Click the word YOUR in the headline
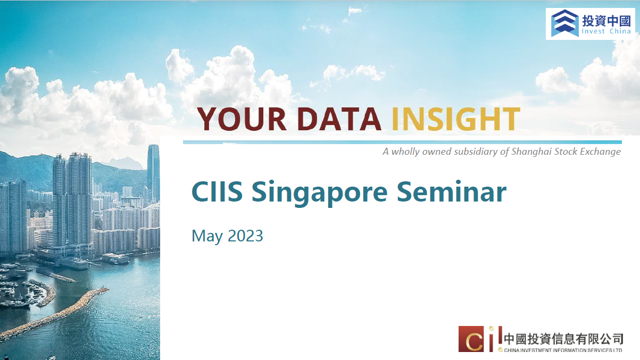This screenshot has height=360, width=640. pyautogui.click(x=242, y=119)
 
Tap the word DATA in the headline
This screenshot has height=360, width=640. pyautogui.click(x=339, y=119)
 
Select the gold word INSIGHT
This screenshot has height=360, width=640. pyautogui.click(x=456, y=119)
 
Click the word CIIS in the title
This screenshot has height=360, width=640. pyautogui.click(x=217, y=192)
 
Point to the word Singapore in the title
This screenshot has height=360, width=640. pyautogui.click(x=319, y=194)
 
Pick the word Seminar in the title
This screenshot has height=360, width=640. pyautogui.click(x=452, y=192)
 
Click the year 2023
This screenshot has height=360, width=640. pyautogui.click(x=245, y=236)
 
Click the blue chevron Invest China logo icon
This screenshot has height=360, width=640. pyautogui.click(x=564, y=23)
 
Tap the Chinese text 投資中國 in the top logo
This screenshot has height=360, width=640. pyautogui.click(x=606, y=21)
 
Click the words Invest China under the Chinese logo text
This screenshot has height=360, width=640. pyautogui.click(x=606, y=31)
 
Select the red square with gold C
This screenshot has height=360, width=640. pyautogui.click(x=471, y=339)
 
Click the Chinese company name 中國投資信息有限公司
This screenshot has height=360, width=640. pyautogui.click(x=563, y=339)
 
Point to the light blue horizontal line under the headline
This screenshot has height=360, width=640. pyautogui.click(x=402, y=142)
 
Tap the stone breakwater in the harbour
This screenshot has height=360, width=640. pyautogui.click(x=54, y=314)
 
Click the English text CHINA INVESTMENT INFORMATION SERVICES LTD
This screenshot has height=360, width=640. pyautogui.click(x=563, y=350)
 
